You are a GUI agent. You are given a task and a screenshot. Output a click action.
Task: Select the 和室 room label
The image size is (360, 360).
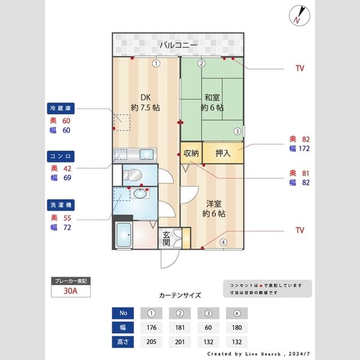click(x=212, y=103)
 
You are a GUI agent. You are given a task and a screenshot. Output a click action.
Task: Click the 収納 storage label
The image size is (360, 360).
click(x=191, y=153)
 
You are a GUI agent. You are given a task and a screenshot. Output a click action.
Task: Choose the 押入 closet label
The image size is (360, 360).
click(x=223, y=153)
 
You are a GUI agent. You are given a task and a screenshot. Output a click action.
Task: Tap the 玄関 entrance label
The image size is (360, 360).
click(x=166, y=238)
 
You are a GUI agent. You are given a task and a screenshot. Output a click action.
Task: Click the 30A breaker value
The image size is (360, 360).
click(x=71, y=292)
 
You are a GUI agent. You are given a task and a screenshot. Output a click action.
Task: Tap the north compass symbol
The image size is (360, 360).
click(x=299, y=15)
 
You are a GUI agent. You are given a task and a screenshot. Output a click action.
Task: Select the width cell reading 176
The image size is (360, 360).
click(x=151, y=328)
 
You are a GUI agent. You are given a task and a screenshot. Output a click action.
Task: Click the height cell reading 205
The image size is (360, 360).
click(x=151, y=342)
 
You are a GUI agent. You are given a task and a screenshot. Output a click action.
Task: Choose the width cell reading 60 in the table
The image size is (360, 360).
click(x=208, y=328)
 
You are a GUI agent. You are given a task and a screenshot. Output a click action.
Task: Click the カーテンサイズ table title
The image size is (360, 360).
click(x=180, y=296)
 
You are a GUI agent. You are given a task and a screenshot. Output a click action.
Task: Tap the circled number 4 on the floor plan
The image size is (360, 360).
click(x=223, y=242)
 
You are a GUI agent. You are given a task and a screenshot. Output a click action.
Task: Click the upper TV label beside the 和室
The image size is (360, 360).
click(x=299, y=68)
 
